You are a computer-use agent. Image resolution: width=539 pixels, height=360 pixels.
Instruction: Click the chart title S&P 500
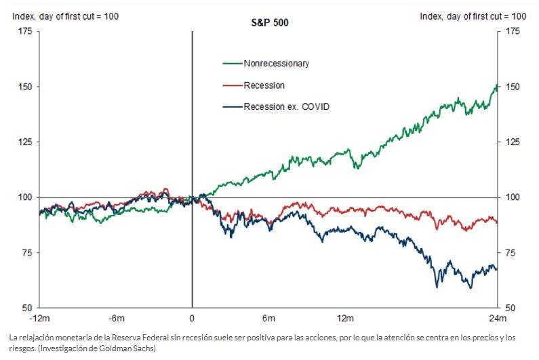coord(269,23)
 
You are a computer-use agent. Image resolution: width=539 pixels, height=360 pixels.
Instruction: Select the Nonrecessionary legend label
coord(276,64)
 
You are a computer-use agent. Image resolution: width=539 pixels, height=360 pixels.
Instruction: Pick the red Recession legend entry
coord(264,85)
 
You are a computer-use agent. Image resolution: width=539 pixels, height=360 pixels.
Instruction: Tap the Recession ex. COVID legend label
coord(286,107)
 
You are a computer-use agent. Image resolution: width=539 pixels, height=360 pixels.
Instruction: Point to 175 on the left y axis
coord(26,31)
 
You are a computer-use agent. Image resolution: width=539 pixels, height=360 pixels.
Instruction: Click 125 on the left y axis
coord(26,142)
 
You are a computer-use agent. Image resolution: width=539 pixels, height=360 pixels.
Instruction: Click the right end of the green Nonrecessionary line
coord(497,86)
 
